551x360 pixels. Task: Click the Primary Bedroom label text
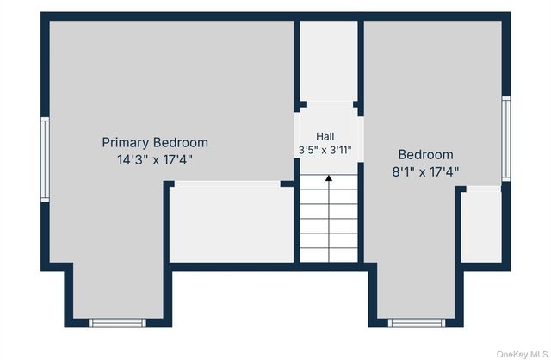155,143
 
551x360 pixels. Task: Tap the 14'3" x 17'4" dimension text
155,160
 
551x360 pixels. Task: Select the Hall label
325,136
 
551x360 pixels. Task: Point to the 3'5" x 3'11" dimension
325,151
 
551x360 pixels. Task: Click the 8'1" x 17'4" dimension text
425,172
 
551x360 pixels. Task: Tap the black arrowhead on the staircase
329,178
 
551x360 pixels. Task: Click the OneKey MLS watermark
523,354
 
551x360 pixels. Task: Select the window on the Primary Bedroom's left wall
45,159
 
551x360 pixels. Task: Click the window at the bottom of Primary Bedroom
117,323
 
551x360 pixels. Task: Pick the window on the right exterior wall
506,139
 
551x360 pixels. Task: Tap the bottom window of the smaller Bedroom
417,323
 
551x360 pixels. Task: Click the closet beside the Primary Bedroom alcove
232,221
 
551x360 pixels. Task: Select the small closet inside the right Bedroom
481,225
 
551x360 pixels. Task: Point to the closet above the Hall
329,61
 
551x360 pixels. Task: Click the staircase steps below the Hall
329,218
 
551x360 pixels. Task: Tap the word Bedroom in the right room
425,155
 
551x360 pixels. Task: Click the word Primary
126,143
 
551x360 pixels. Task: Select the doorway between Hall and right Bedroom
361,140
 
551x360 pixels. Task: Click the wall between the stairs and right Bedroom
361,213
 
